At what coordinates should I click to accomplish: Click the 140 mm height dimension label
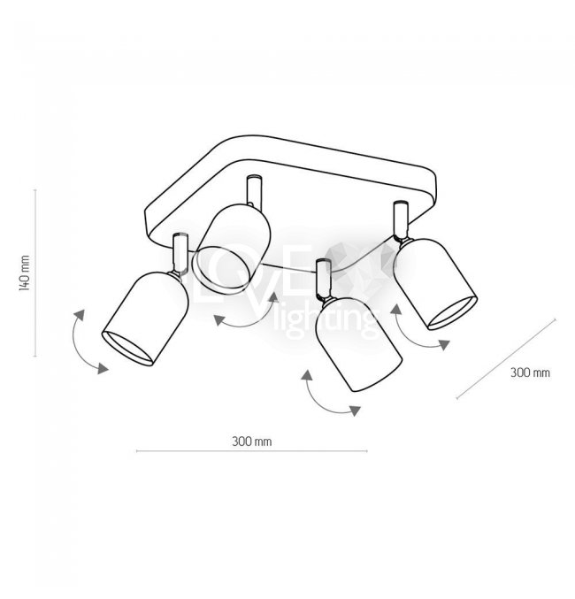[x=26, y=272]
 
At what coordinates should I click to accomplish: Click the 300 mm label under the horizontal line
[x=251, y=441]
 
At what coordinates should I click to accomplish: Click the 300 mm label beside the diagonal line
[x=530, y=372]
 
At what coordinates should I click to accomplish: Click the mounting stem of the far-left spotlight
[x=181, y=252]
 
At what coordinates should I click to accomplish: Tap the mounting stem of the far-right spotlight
[x=397, y=220]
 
